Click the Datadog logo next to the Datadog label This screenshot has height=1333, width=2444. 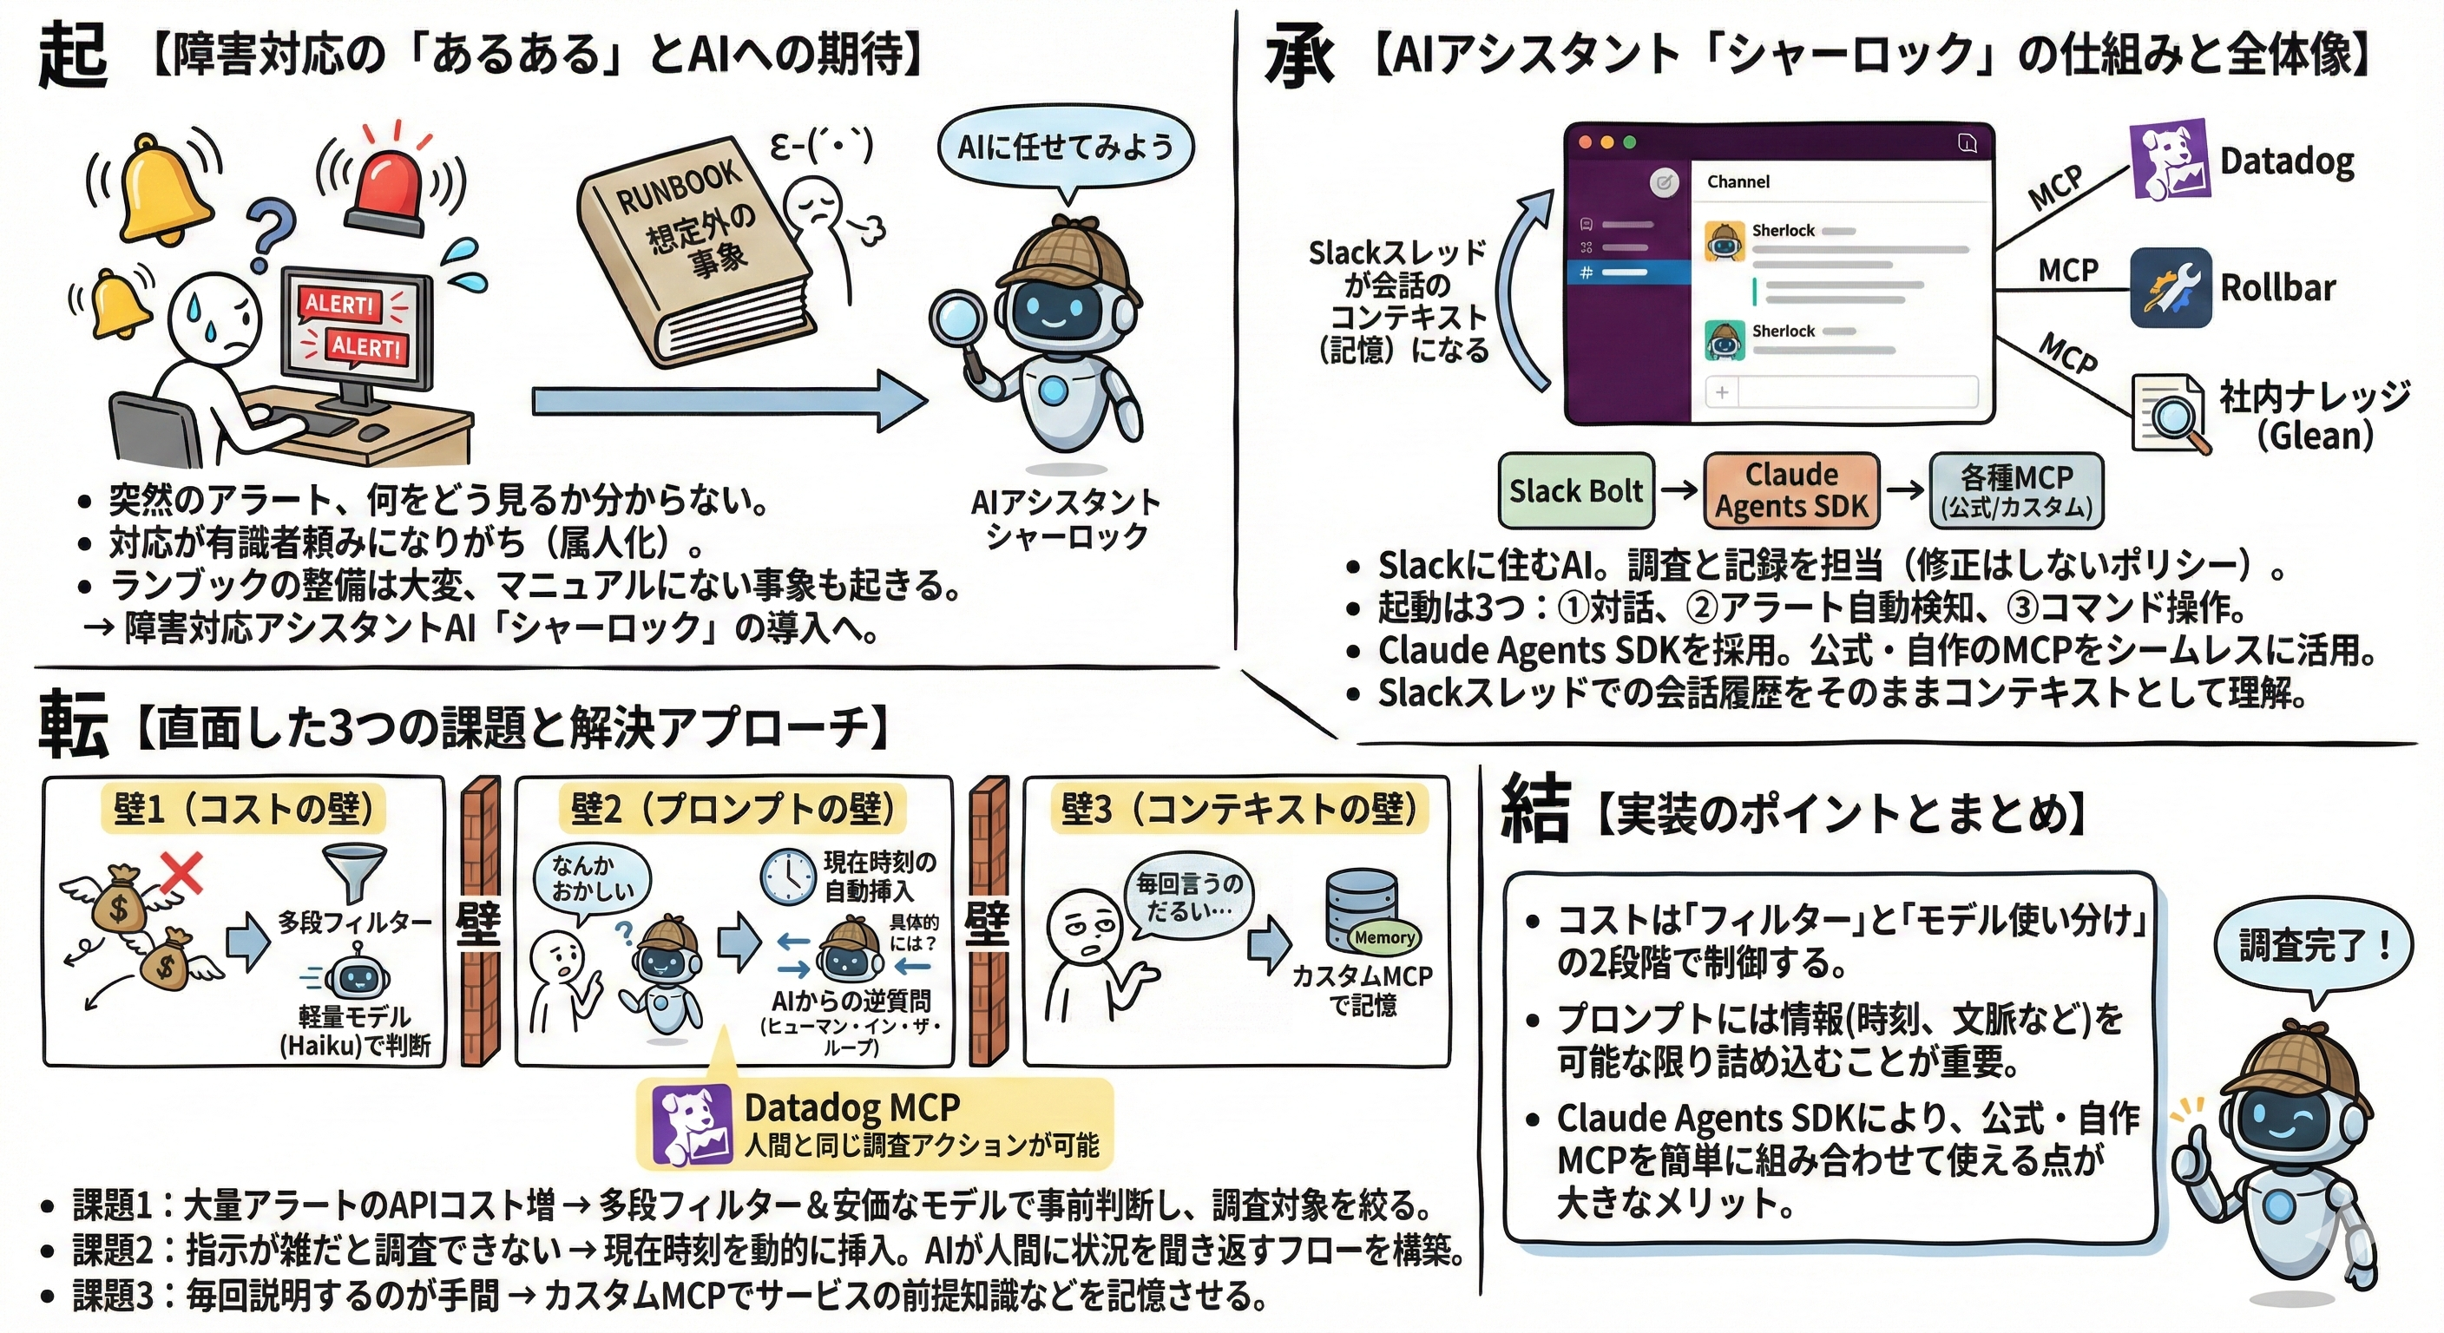click(2169, 160)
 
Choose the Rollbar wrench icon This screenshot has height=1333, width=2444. click(2169, 287)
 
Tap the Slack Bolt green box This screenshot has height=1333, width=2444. click(1576, 490)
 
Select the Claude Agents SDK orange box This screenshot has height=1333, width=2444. click(1790, 490)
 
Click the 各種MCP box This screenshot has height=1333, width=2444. click(2016, 490)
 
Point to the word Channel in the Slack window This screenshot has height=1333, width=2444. click(1738, 181)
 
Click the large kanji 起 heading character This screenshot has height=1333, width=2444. click(72, 55)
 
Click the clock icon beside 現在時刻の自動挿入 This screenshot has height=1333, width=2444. click(787, 877)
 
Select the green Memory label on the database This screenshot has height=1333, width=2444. click(1384, 937)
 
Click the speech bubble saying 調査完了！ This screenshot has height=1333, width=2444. click(2311, 947)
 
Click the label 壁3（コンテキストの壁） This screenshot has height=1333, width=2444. click(1238, 810)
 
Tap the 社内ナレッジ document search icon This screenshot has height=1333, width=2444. click(2167, 414)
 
